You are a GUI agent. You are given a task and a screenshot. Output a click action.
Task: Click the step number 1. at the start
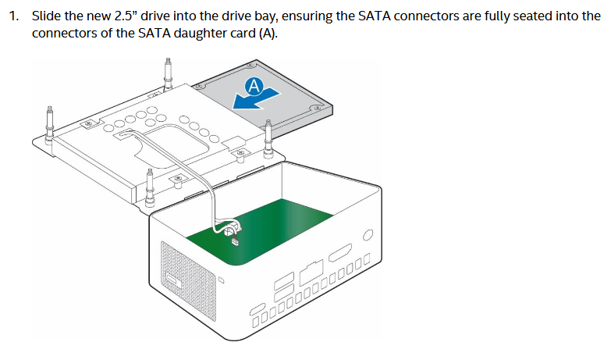click(x=14, y=16)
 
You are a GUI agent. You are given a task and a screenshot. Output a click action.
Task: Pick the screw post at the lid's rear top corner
click(x=169, y=72)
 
